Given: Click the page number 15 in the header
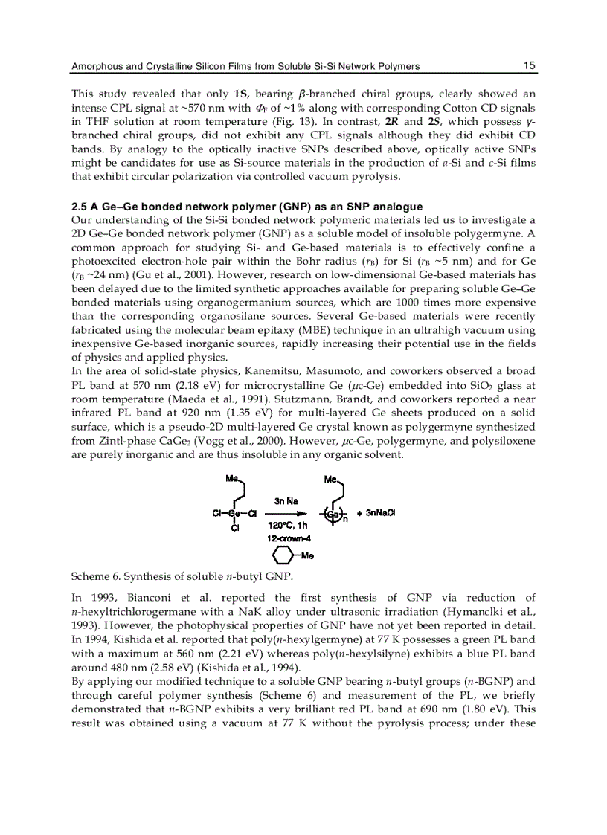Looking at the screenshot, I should coord(529,65).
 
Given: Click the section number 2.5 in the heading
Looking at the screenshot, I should coord(80,207).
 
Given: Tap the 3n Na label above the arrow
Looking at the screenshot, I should coord(286,501).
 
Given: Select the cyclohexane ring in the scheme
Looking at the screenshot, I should coord(282,555).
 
